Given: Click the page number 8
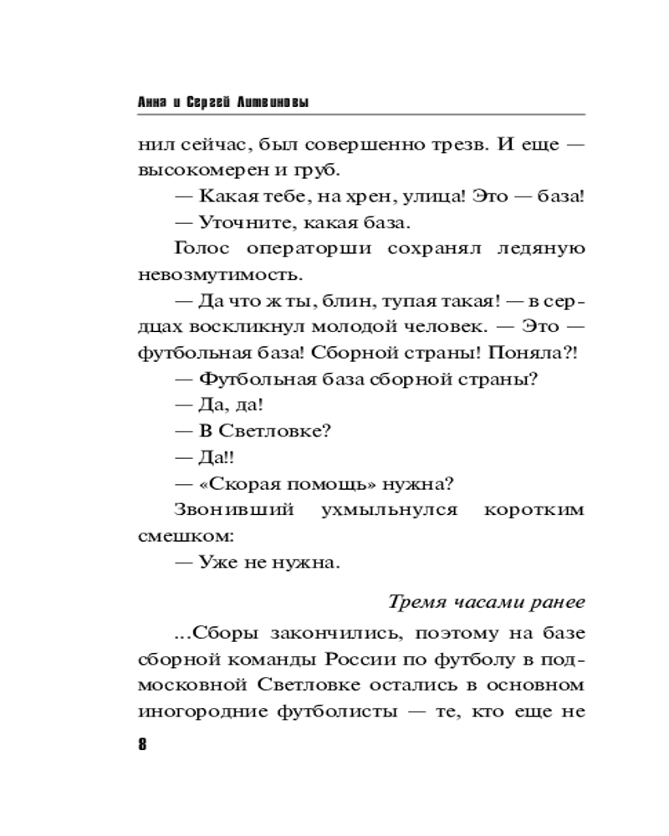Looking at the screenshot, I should (x=142, y=747).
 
